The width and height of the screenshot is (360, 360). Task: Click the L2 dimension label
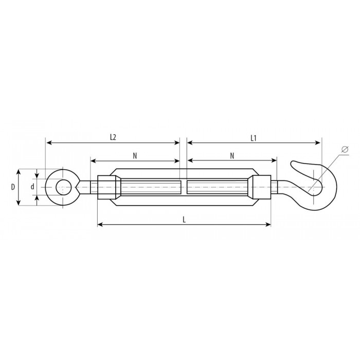click(x=113, y=137)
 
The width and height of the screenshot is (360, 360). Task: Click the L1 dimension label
click(x=253, y=138)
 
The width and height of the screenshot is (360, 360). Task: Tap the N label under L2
click(x=135, y=156)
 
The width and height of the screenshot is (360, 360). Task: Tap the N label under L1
click(x=232, y=156)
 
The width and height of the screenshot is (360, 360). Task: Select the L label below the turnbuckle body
click(x=184, y=220)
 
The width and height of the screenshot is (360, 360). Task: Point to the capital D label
click(x=13, y=187)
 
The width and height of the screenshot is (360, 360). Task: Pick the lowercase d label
click(x=32, y=187)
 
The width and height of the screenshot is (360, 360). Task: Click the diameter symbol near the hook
click(x=345, y=149)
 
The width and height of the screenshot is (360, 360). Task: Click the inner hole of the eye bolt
click(x=63, y=187)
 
